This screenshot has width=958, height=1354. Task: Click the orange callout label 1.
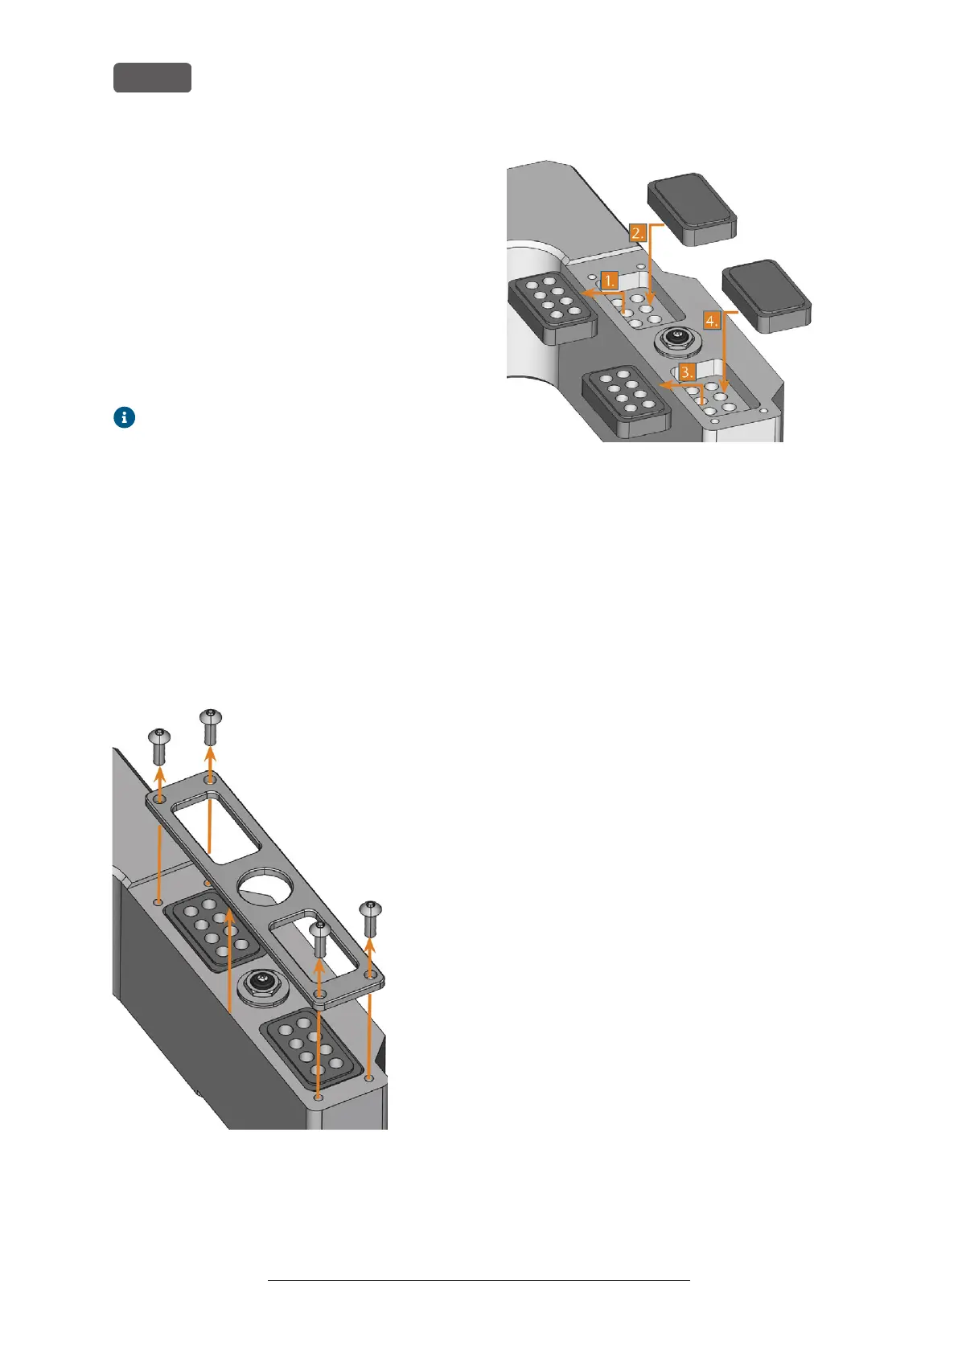click(610, 281)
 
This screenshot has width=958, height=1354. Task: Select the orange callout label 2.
click(638, 233)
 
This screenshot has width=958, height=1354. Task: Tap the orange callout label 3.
click(686, 373)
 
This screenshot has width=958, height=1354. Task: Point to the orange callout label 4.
click(711, 321)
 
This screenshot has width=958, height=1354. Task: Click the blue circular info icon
click(124, 417)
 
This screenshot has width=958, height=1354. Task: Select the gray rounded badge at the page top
click(152, 77)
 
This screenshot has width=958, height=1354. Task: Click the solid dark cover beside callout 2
click(692, 208)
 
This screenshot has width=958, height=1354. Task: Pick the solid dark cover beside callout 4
click(767, 295)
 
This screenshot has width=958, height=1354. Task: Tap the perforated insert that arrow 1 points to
click(552, 309)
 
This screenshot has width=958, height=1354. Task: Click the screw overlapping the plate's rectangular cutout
click(319, 938)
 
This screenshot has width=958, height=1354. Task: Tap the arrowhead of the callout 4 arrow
click(726, 394)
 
